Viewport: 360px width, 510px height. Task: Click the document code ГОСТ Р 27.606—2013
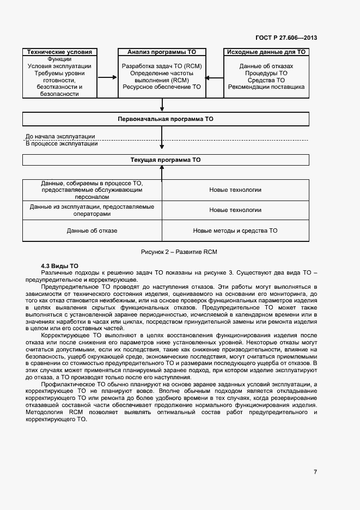click(286, 38)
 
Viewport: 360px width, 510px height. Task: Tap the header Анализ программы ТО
click(162, 52)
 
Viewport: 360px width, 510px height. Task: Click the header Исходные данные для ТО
click(266, 52)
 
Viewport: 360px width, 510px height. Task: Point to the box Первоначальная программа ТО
click(166, 118)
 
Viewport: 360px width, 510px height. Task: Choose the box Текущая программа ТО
click(166, 160)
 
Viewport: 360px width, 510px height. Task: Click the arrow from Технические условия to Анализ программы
click(108, 77)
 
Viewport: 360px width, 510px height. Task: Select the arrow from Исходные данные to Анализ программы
click(215, 77)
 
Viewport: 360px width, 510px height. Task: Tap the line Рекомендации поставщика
click(266, 87)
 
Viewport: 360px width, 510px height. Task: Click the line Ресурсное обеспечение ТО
click(162, 87)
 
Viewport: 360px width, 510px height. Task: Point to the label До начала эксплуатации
click(60, 136)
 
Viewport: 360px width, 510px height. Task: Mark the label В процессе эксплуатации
click(62, 144)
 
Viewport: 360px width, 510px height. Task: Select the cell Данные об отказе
click(92, 230)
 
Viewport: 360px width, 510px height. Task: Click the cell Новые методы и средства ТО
click(235, 230)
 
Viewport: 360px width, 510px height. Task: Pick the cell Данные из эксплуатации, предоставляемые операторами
click(92, 210)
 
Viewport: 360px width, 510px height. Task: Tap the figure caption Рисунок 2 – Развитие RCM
click(179, 252)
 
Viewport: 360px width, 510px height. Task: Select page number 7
click(315, 472)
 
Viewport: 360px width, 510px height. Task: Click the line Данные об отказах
click(266, 66)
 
